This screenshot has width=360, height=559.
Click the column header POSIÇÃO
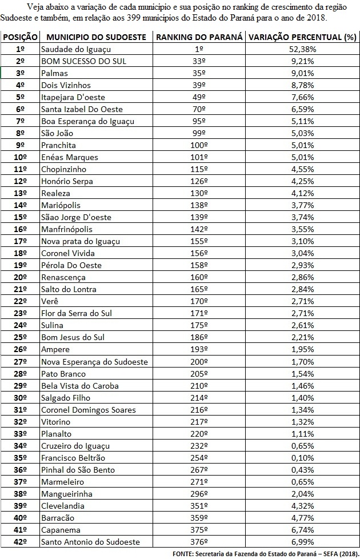[x=20, y=37]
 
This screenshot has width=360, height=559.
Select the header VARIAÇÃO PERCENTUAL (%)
[x=302, y=37]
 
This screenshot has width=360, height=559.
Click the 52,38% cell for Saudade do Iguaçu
[x=302, y=49]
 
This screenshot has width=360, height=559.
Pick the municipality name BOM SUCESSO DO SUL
[x=83, y=61]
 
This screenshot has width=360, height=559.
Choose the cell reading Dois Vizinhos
[x=66, y=85]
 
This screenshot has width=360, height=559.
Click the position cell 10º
[x=20, y=157]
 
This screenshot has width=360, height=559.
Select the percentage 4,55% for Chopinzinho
[x=302, y=169]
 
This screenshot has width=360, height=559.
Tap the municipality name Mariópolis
[x=61, y=205]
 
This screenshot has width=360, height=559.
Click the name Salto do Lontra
[x=69, y=289]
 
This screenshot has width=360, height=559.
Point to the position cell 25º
[x=20, y=337]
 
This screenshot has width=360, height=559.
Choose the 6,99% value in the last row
[x=302, y=541]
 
